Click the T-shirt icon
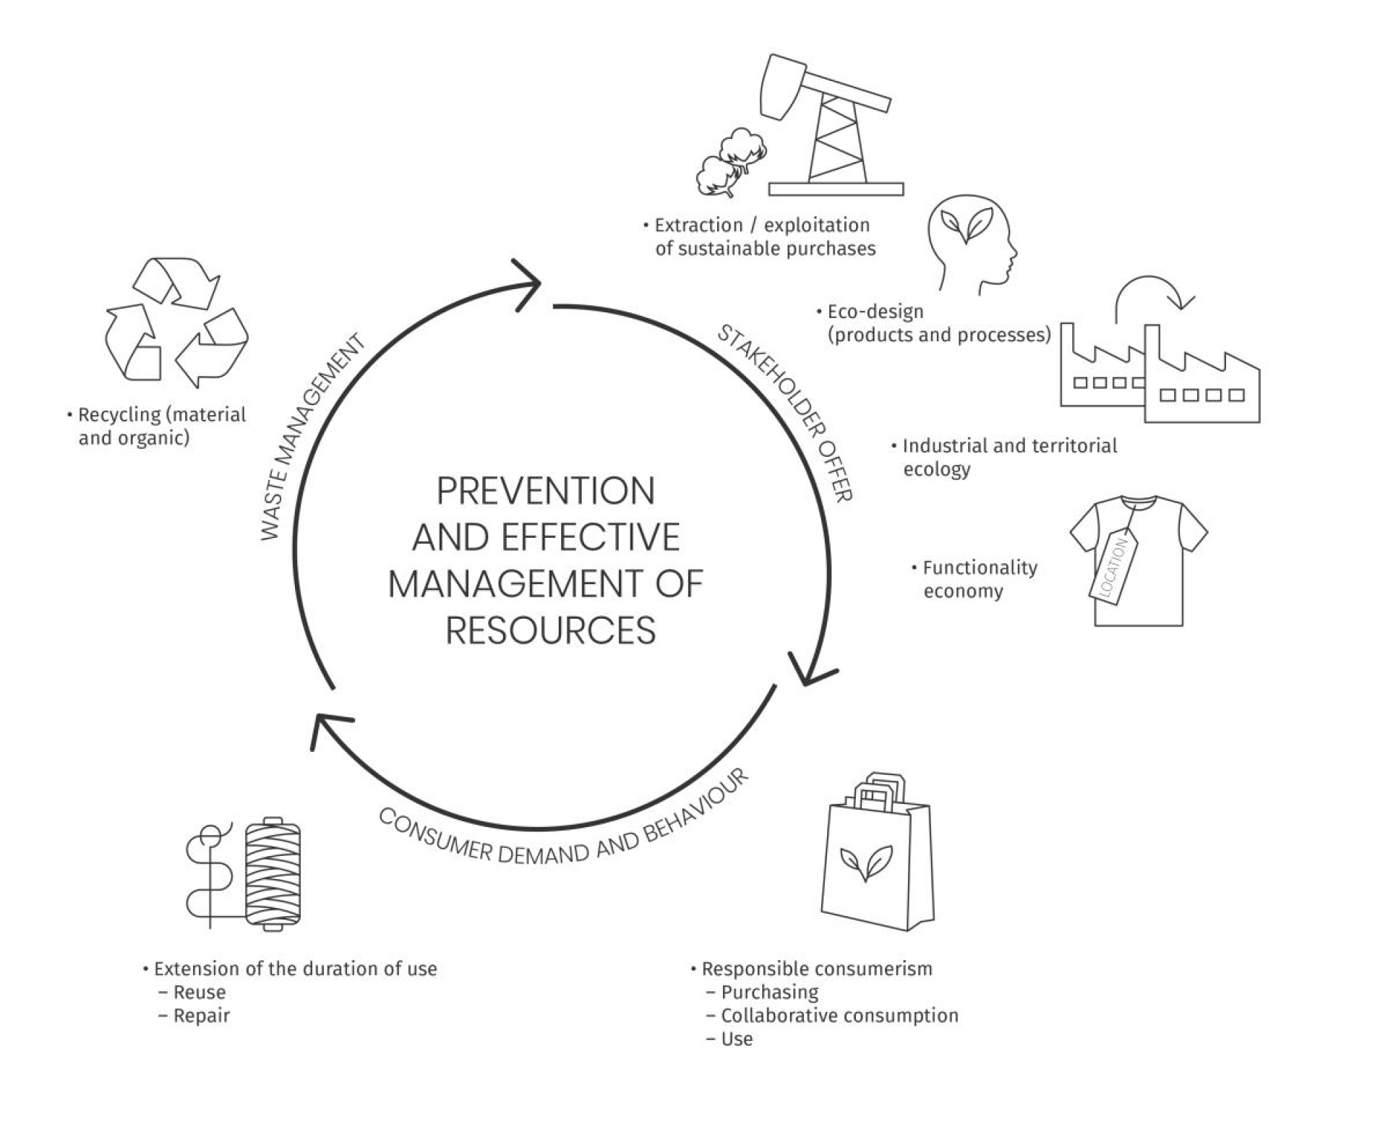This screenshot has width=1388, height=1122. coord(1139,560)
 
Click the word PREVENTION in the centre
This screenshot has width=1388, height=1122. coord(546,492)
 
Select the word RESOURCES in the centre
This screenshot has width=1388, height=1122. coord(550,630)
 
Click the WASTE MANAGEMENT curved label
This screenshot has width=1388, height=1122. coord(311,437)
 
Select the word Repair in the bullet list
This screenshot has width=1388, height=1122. coord(201,1016)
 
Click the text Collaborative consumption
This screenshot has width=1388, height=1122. coord(839,1016)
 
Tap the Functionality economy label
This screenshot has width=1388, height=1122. coord(980,579)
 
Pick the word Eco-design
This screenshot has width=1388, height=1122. coord(875,312)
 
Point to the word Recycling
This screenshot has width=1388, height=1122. coord(120,415)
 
